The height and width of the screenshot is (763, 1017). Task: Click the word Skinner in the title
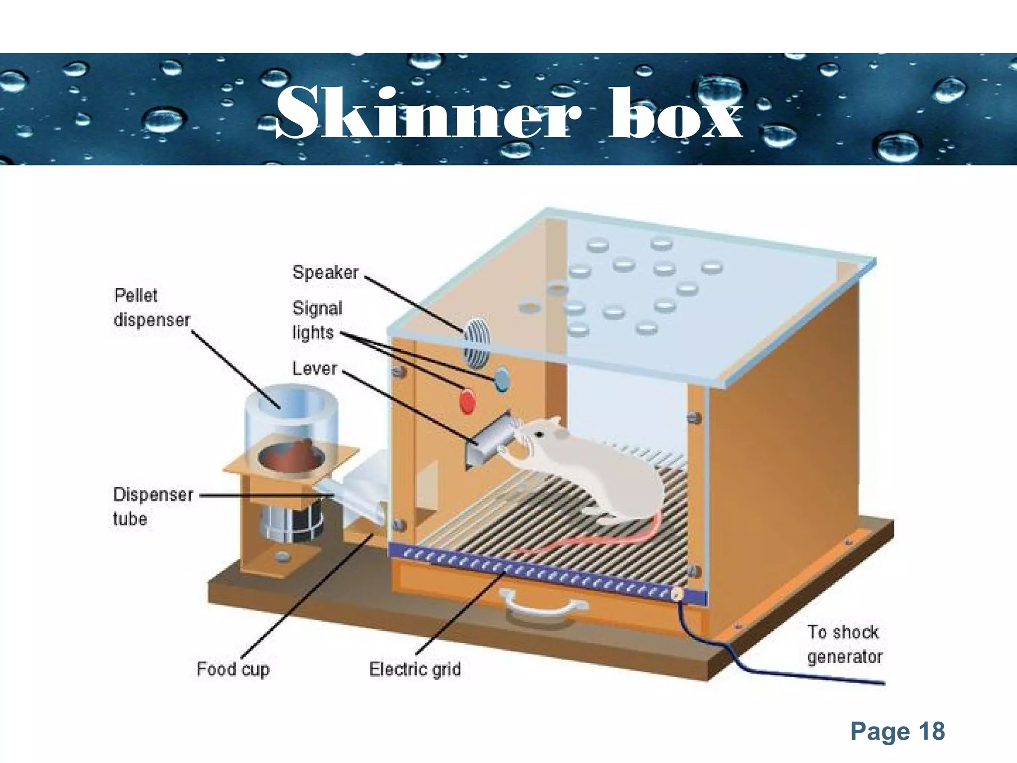point(427,113)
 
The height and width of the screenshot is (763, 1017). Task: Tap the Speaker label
point(325,272)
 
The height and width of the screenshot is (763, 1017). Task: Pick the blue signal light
point(502,379)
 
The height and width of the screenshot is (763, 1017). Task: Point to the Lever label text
point(314,369)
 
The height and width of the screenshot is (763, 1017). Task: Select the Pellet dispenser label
point(151,307)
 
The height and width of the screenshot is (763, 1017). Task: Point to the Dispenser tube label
point(152,506)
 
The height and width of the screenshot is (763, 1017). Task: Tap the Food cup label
point(233,669)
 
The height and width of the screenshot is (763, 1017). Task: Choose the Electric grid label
point(415,669)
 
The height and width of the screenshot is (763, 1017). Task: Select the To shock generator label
point(844,644)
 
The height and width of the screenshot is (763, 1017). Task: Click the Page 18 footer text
point(897,731)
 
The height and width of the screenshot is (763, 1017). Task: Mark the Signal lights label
point(317,320)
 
